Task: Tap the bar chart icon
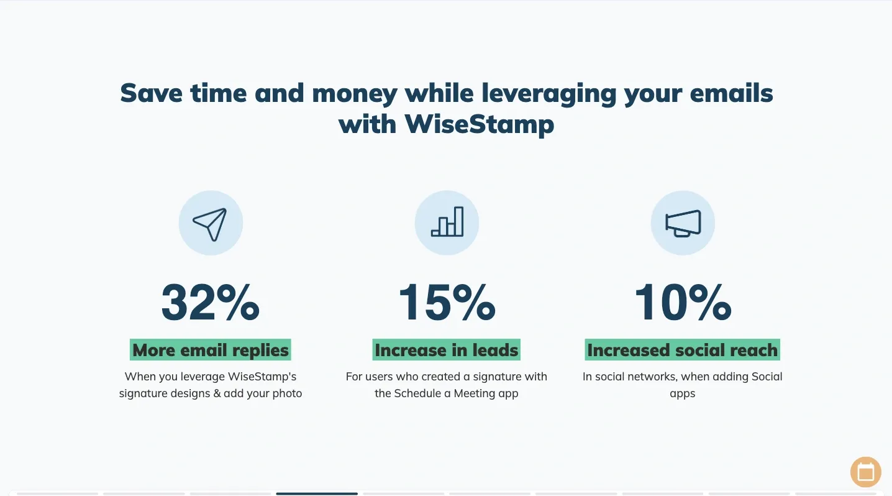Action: [447, 221]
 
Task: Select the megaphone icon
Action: [683, 223]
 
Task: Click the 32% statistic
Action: [211, 302]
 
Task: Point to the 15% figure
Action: [447, 302]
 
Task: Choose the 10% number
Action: [683, 302]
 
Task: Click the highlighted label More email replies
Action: [210, 350]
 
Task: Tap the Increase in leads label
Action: [447, 350]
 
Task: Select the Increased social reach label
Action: [683, 350]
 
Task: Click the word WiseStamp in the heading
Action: [480, 124]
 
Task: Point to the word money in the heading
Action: [355, 94]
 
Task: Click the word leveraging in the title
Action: [548, 94]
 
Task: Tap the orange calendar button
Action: [866, 472]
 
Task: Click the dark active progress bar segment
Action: [317, 494]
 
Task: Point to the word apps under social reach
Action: [683, 394]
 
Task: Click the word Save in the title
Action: [152, 93]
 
